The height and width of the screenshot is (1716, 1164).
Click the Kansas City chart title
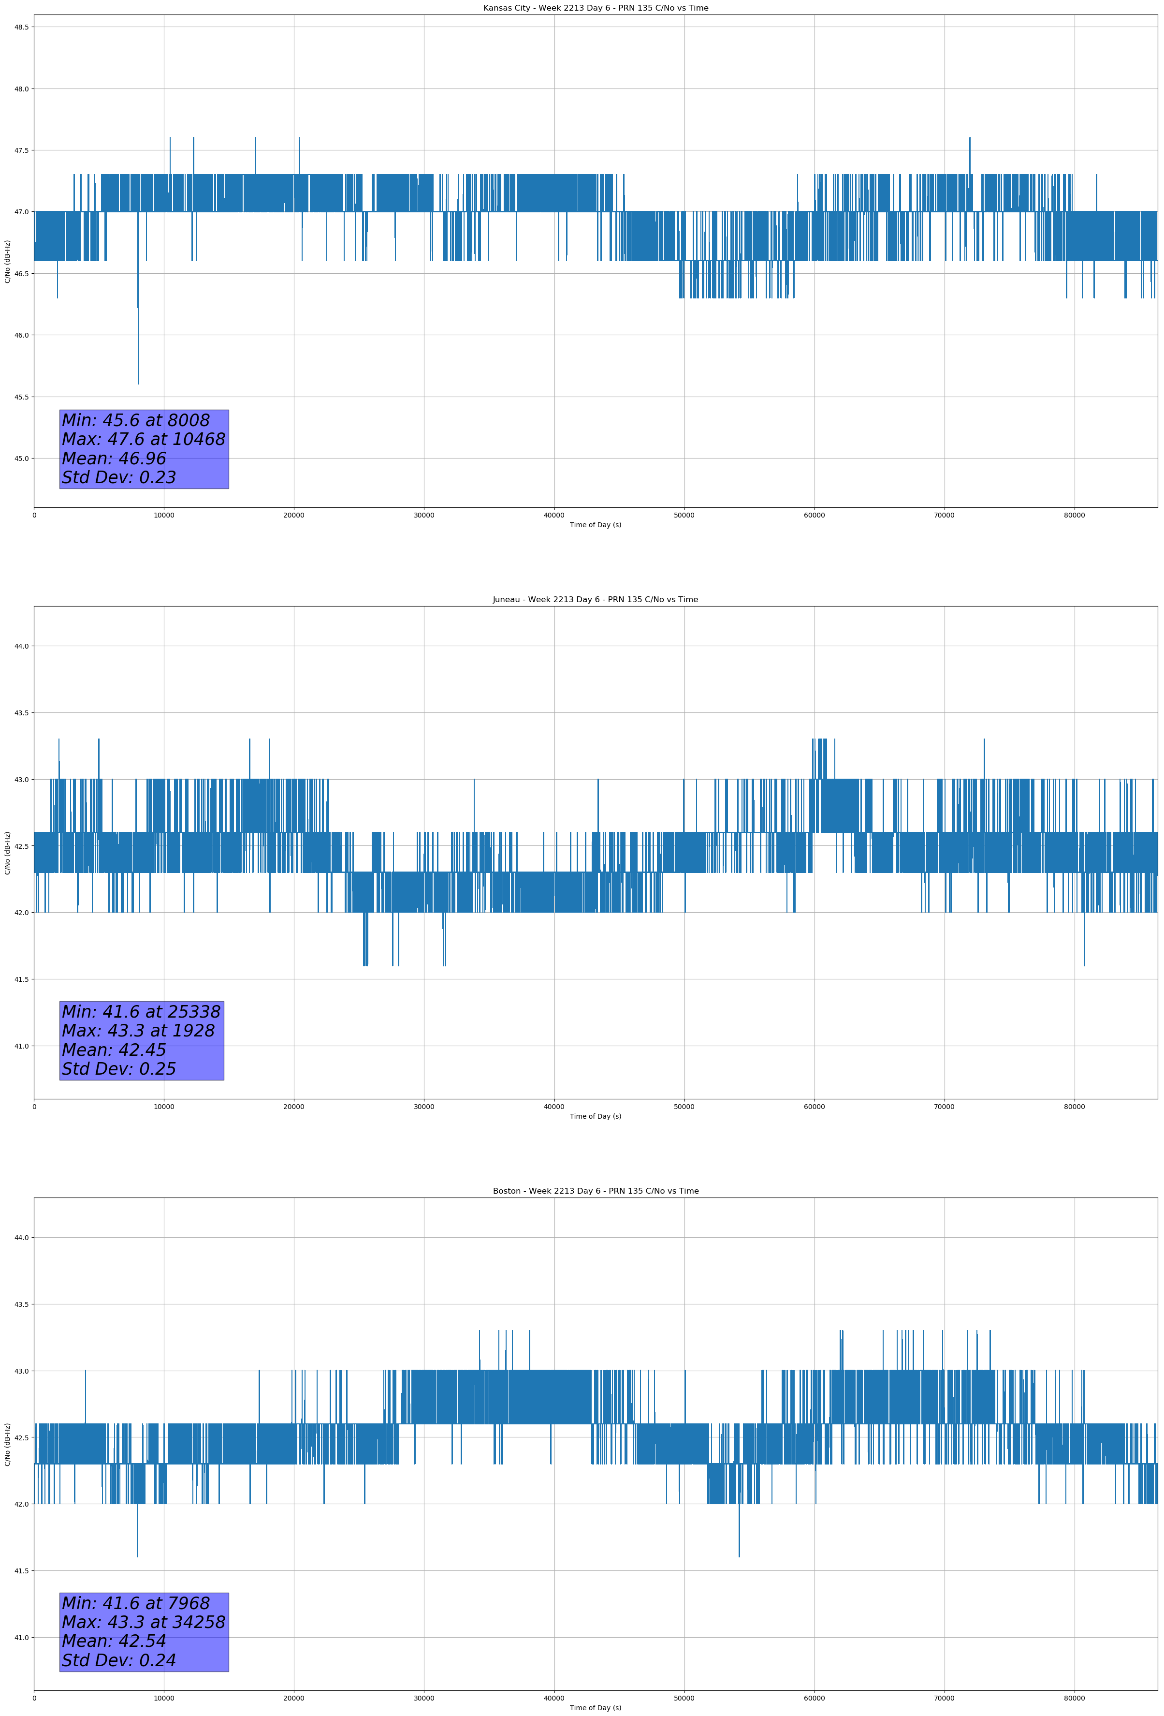pos(595,8)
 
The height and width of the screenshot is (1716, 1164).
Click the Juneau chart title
pos(595,600)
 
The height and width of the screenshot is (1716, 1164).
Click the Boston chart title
pos(595,1191)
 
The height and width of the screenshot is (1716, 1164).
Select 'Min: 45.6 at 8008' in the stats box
pos(136,420)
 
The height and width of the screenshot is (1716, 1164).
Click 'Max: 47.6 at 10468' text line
pos(143,439)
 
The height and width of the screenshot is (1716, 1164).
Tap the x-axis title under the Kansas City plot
pos(595,525)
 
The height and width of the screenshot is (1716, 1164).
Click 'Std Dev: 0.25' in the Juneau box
pos(119,1069)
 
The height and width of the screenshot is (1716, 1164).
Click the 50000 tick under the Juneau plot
pos(684,1106)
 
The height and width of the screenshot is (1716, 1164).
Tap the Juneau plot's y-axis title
pos(7,853)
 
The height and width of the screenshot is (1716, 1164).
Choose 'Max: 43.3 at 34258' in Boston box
pos(143,1622)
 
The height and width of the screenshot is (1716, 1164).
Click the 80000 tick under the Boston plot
pos(1074,1698)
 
